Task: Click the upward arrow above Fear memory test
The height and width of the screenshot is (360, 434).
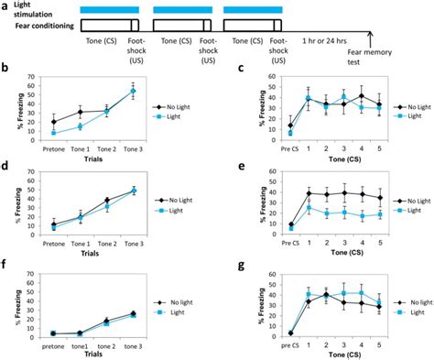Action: (x=371, y=37)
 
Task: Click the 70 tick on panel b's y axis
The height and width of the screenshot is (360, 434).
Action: (x=29, y=76)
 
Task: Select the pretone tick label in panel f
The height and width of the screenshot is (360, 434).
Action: (x=54, y=337)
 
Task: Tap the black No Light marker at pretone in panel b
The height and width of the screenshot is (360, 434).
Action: (x=54, y=121)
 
